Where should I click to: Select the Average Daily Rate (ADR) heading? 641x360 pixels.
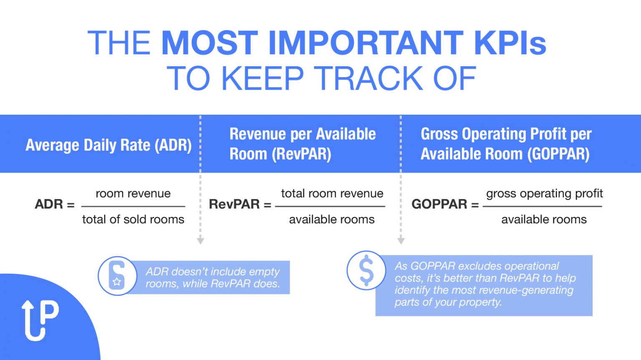[x=109, y=145]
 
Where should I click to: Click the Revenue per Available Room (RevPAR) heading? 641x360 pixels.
[x=302, y=144]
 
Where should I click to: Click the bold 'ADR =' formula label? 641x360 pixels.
[x=55, y=204]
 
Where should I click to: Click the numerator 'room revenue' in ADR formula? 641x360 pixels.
[x=133, y=194]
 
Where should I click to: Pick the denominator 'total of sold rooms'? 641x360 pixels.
[x=133, y=219]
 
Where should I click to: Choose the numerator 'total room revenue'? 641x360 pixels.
[x=332, y=194]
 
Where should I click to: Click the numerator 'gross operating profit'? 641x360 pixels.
[x=544, y=194]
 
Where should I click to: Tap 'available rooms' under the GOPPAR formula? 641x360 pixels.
[x=544, y=219]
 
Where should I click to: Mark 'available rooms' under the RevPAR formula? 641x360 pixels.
[x=332, y=219]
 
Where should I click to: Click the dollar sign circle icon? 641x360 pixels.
[x=366, y=270]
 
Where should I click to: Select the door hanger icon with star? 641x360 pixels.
[x=117, y=276]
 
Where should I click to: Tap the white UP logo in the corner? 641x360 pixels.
[x=40, y=320]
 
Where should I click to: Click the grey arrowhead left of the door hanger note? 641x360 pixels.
[x=200, y=241]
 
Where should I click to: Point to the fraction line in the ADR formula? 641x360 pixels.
[x=133, y=206]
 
